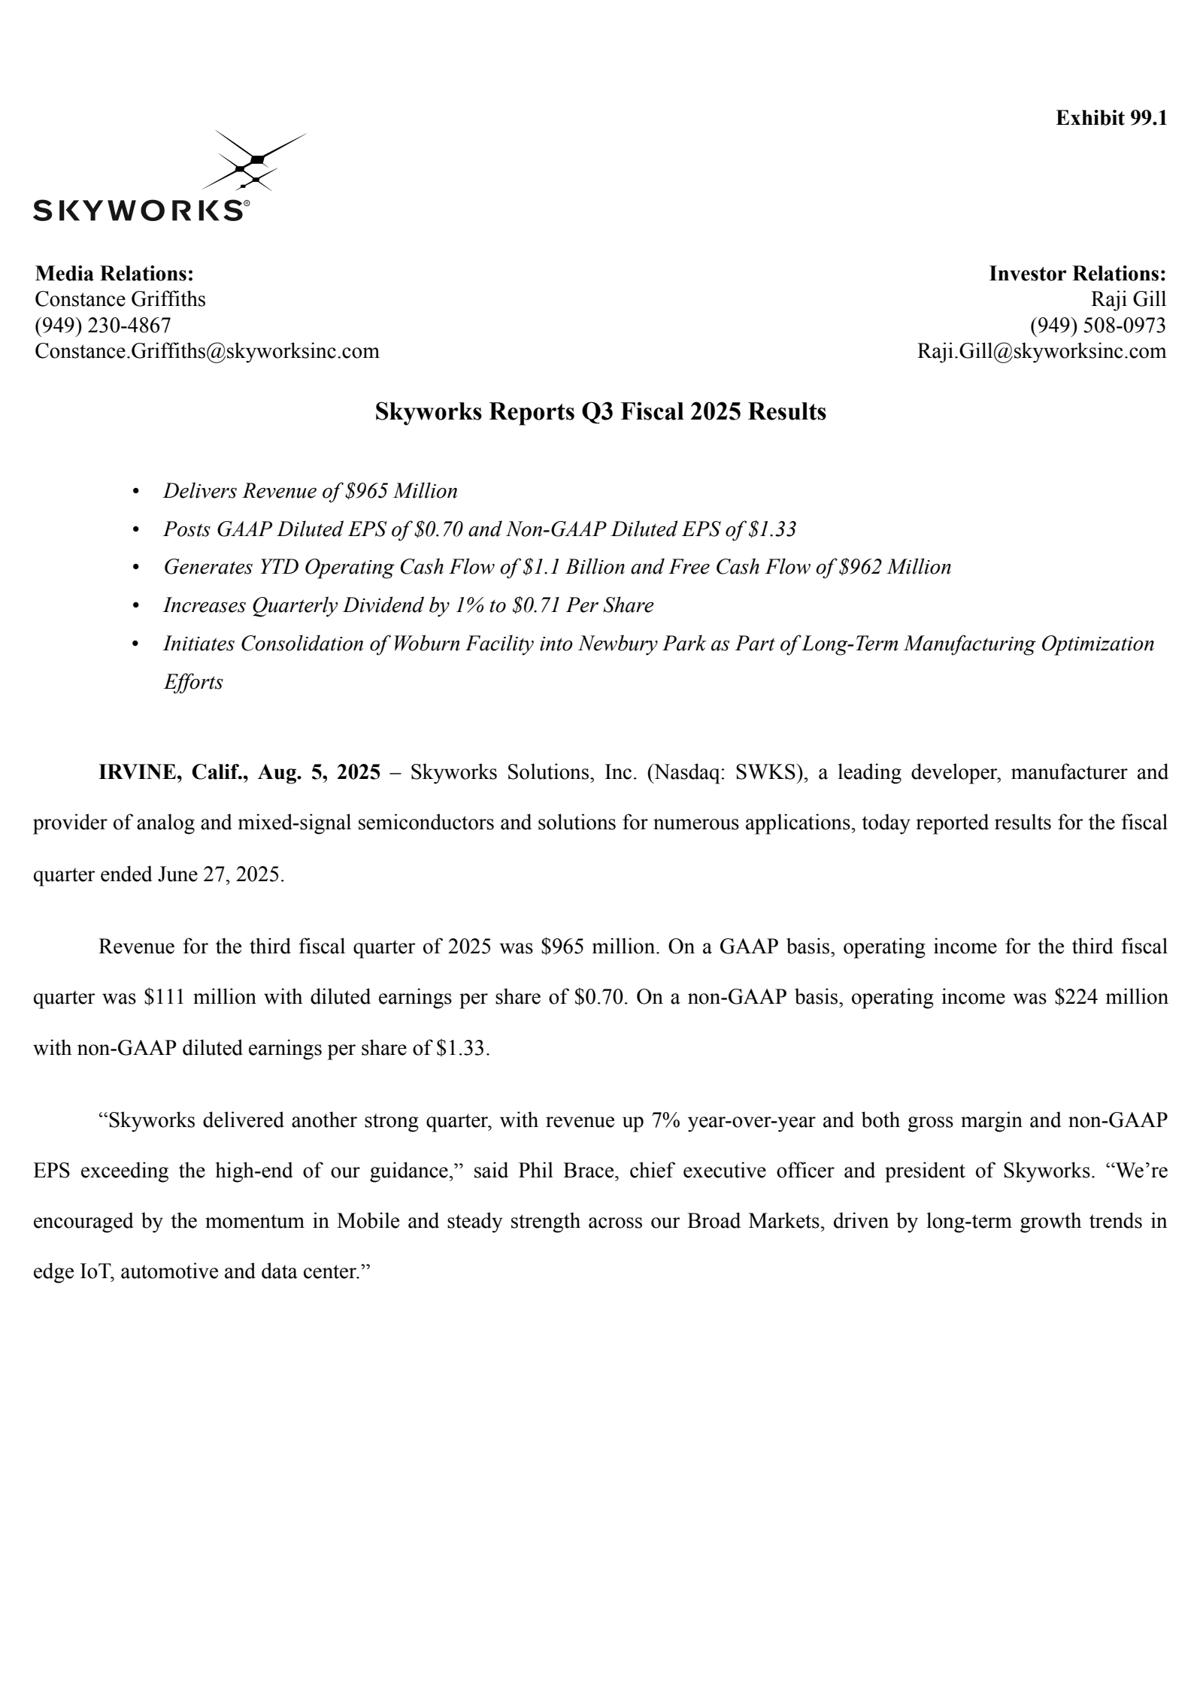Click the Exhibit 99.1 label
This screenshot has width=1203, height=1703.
click(x=1111, y=118)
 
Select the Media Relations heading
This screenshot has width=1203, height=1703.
click(x=114, y=273)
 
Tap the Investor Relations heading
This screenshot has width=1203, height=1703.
click(x=1077, y=273)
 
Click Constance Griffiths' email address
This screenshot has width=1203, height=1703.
click(x=207, y=351)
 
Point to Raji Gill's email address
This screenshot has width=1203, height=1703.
click(x=1041, y=351)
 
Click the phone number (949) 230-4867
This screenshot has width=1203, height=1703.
click(x=103, y=325)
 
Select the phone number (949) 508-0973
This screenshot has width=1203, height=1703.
click(x=1098, y=325)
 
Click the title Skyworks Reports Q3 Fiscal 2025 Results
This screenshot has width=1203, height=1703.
click(x=601, y=412)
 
